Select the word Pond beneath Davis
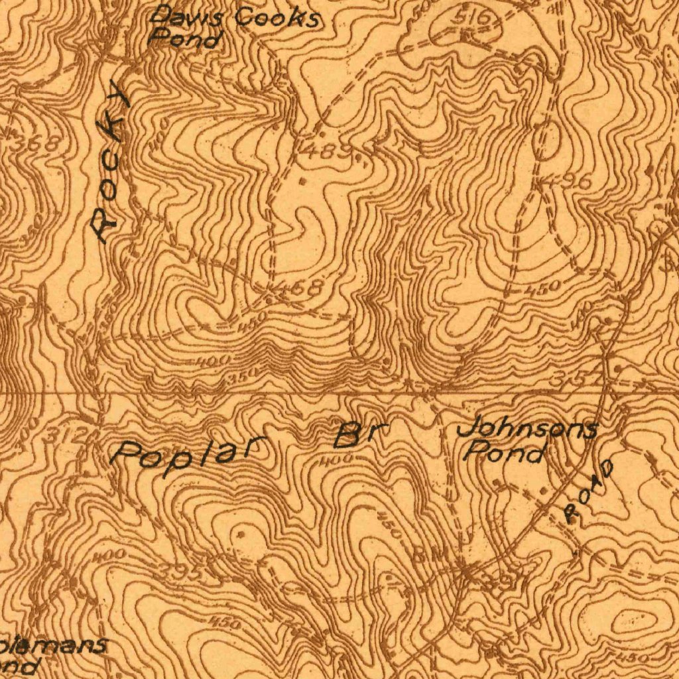coord(184,39)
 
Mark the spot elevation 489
coord(325,151)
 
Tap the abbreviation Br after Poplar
coord(360,434)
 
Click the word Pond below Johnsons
coord(505,454)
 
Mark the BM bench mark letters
coord(425,552)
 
